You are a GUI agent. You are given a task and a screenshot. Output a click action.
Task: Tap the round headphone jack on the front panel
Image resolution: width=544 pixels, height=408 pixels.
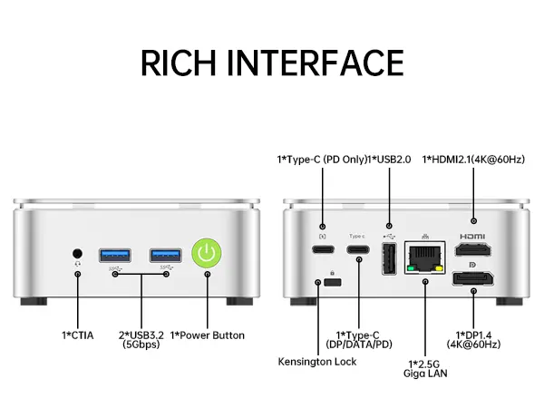pyautogui.click(x=78, y=253)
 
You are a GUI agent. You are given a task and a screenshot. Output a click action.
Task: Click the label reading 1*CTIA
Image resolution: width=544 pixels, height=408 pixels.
pyautogui.click(x=78, y=335)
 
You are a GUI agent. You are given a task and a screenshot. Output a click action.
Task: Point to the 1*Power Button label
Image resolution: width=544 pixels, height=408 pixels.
pyautogui.click(x=208, y=335)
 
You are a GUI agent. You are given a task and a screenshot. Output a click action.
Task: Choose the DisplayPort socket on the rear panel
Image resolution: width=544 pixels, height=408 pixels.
pyautogui.click(x=472, y=277)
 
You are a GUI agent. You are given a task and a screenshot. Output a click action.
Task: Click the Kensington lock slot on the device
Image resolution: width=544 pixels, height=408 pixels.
pyautogui.click(x=332, y=282)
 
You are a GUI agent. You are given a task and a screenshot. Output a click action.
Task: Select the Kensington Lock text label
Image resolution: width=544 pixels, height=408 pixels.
pyautogui.click(x=317, y=362)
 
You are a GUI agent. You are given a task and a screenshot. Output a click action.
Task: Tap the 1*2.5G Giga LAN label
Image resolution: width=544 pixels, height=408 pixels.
pyautogui.click(x=427, y=367)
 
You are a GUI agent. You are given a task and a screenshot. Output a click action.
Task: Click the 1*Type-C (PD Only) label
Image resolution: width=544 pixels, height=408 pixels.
pyautogui.click(x=323, y=160)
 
